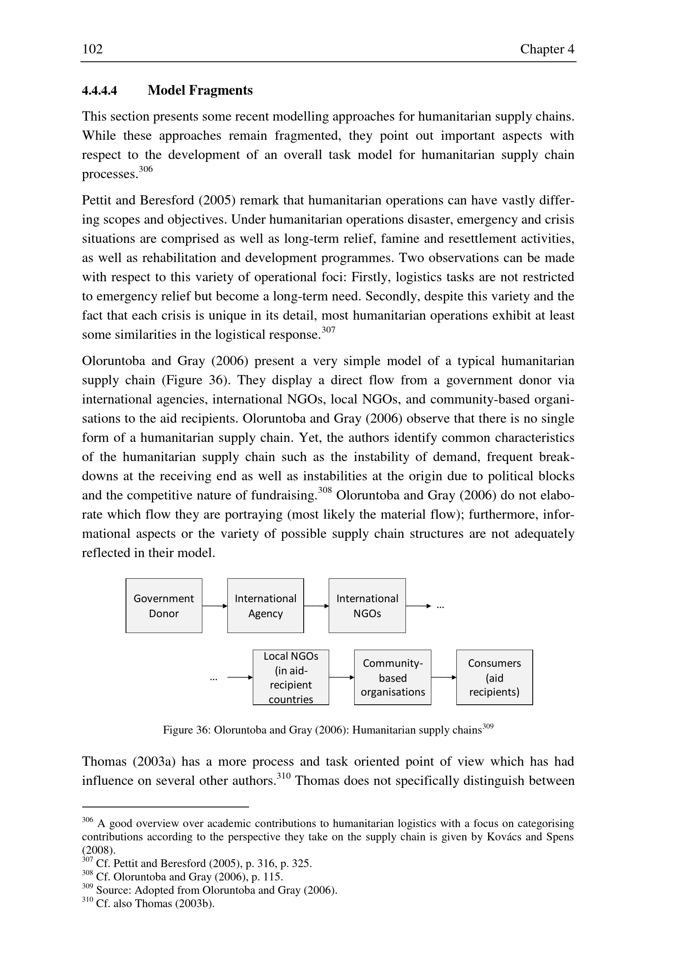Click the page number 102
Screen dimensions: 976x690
(x=92, y=49)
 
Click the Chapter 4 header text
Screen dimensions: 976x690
(x=547, y=49)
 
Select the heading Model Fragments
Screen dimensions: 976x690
(x=200, y=91)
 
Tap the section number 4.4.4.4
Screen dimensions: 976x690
(x=99, y=91)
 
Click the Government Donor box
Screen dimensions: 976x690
(x=164, y=606)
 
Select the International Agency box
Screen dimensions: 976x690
(x=265, y=606)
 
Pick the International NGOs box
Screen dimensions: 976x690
(x=367, y=606)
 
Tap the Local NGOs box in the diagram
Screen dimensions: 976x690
(x=291, y=678)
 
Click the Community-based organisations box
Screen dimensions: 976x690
(x=393, y=678)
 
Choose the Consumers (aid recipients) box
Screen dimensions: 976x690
(x=494, y=678)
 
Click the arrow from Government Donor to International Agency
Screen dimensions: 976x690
(x=214, y=606)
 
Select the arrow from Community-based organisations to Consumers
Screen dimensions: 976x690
(x=443, y=678)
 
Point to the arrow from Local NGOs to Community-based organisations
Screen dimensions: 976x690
(x=342, y=678)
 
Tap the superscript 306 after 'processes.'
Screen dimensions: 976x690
(x=146, y=169)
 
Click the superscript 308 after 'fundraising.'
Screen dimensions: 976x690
(x=325, y=490)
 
